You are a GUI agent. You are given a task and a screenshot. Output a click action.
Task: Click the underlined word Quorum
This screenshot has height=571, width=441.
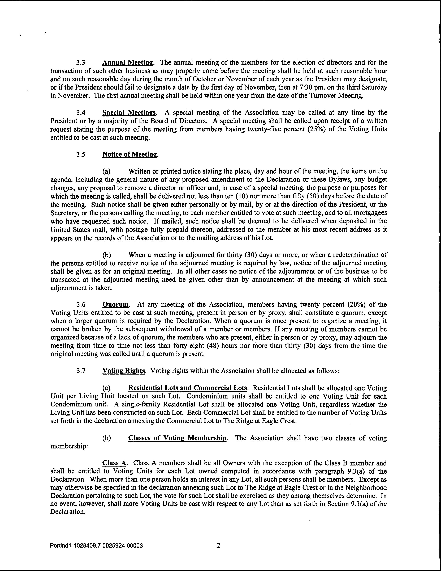(116, 305)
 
